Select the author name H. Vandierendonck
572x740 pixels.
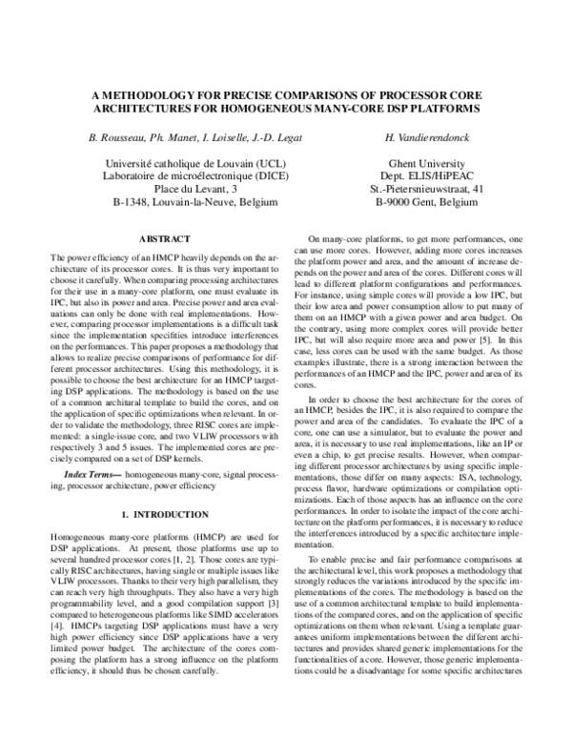click(431, 139)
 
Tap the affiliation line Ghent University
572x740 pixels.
click(431, 164)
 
